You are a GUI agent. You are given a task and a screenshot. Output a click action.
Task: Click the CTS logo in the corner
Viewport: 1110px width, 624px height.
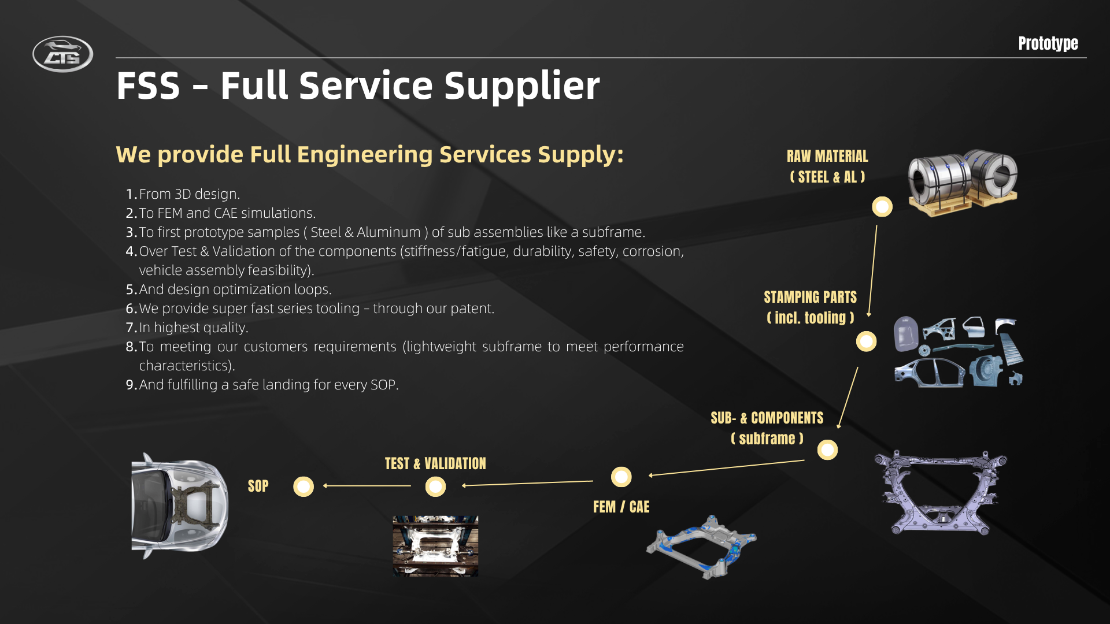[x=62, y=54]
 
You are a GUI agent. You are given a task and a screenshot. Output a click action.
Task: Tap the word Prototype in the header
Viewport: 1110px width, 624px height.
[x=1048, y=43]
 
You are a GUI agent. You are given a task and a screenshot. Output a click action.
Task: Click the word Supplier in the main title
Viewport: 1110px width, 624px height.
[x=521, y=86]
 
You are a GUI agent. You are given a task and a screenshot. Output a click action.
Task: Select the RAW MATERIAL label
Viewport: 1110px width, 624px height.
[x=827, y=156]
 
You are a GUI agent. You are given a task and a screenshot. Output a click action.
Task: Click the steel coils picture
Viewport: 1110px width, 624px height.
[x=963, y=183]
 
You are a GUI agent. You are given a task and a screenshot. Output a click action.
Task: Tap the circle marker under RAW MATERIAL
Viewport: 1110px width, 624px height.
[x=882, y=206]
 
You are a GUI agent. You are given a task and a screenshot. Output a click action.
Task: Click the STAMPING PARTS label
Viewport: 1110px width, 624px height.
[x=810, y=297]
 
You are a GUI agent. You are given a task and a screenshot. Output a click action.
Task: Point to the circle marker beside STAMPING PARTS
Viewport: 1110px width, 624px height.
[x=866, y=341]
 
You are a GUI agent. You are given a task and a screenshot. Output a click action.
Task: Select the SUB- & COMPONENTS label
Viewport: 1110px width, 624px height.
[x=767, y=418]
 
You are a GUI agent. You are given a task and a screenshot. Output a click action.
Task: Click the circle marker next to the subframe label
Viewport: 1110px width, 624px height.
[x=827, y=450]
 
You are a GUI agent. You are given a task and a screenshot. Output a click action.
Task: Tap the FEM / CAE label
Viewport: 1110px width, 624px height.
[x=621, y=507]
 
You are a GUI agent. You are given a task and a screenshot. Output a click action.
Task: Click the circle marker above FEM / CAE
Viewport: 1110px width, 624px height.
[x=621, y=477]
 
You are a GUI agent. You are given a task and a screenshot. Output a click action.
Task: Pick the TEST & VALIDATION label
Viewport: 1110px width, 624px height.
[x=435, y=463]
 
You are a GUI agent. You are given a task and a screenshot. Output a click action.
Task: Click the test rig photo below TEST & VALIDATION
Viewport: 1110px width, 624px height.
[x=435, y=546]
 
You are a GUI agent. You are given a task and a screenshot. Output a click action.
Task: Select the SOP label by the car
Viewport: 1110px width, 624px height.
[x=258, y=486]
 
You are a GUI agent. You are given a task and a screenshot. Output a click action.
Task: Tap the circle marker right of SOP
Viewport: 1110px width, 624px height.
[x=304, y=486]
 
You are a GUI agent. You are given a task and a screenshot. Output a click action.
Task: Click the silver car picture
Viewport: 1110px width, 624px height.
[x=180, y=506]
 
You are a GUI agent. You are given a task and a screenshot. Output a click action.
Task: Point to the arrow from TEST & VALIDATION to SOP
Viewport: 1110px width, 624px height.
[x=367, y=486]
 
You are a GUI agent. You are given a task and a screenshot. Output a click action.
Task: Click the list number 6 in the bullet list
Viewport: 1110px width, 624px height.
[x=131, y=309]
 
